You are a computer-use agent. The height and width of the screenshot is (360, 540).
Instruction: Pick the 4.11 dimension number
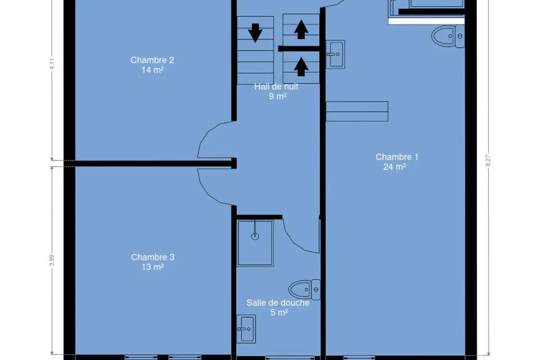tap(52, 64)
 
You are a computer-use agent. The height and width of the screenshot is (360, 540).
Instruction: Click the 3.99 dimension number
tap(52, 261)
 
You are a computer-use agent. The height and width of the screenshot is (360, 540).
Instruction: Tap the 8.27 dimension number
tap(488, 161)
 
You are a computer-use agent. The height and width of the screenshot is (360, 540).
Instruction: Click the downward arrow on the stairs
tap(255, 33)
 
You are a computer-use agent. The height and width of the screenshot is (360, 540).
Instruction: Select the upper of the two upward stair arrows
tap(301, 29)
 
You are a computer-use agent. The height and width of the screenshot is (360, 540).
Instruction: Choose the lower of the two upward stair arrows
tap(301, 67)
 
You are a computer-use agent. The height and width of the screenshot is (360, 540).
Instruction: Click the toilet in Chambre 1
tap(448, 36)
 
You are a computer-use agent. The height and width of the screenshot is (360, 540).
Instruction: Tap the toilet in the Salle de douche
tap(305, 290)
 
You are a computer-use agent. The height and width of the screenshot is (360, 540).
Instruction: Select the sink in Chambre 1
tap(335, 54)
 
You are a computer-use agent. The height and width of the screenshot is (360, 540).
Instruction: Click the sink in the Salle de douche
tap(246, 329)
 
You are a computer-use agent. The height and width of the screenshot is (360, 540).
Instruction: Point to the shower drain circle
tap(255, 236)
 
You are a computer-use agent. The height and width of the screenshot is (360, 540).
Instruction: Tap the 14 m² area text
tap(153, 70)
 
